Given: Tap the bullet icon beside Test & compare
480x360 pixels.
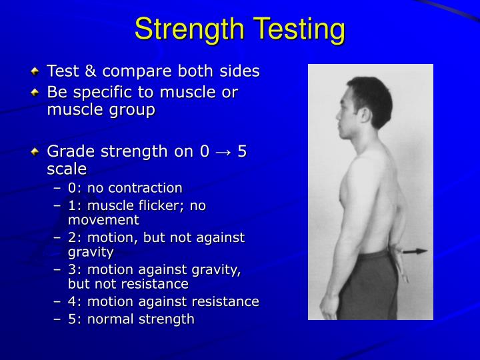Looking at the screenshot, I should [x=37, y=71].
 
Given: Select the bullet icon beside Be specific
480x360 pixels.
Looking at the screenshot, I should [x=37, y=92].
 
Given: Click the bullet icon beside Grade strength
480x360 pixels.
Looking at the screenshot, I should [x=37, y=152].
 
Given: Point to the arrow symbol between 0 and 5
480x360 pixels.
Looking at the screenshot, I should [x=225, y=151].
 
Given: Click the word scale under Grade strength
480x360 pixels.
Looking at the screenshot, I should [x=67, y=169].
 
